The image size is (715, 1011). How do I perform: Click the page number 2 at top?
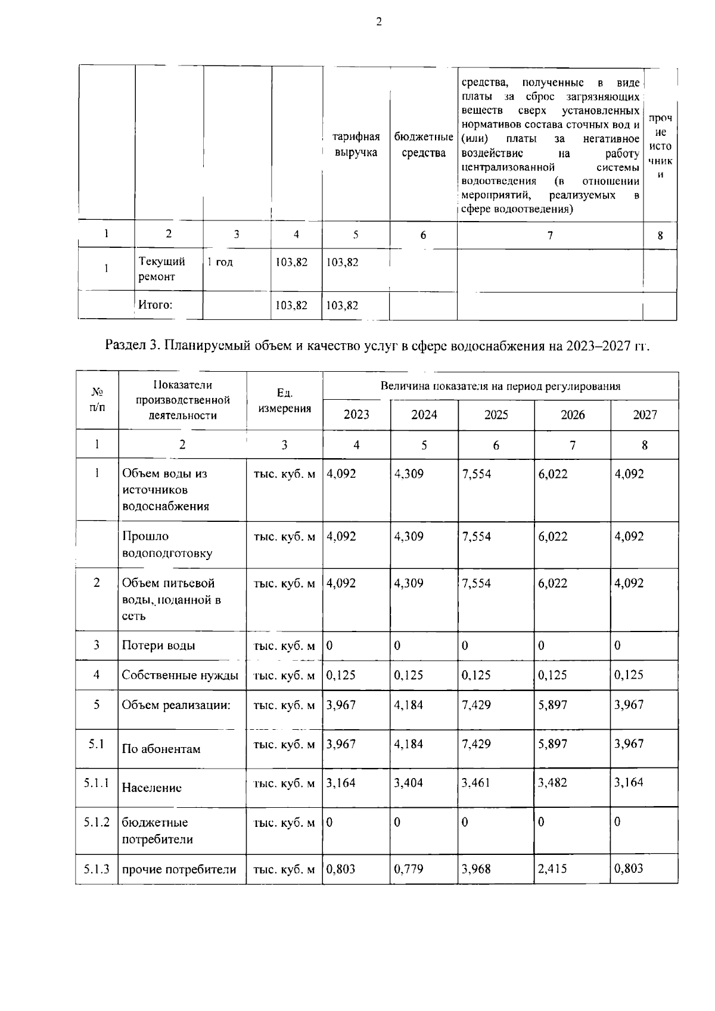[378, 22]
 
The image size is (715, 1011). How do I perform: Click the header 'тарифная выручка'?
[356, 145]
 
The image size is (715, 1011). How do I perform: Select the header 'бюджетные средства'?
[423, 145]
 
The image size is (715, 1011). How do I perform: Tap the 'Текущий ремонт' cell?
[161, 269]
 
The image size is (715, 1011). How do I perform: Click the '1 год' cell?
[220, 262]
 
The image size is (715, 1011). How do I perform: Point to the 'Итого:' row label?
[156, 305]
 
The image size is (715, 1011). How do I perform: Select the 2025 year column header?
[496, 415]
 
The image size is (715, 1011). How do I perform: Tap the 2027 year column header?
[645, 415]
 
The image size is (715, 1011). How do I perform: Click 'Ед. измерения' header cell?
[285, 400]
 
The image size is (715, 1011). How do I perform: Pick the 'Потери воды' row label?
[158, 646]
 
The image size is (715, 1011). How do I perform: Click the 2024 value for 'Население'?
[409, 783]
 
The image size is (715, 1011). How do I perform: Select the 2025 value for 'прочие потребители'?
[477, 869]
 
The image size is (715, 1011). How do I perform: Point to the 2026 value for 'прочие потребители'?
[552, 869]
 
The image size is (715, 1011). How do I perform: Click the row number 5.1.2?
[97, 823]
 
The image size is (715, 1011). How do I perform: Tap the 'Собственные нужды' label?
[180, 676]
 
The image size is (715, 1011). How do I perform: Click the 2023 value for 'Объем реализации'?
[341, 705]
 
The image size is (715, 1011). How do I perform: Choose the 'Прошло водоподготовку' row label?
[167, 545]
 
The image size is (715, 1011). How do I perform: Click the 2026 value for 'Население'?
[552, 783]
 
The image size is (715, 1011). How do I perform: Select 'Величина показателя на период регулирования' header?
[500, 386]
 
